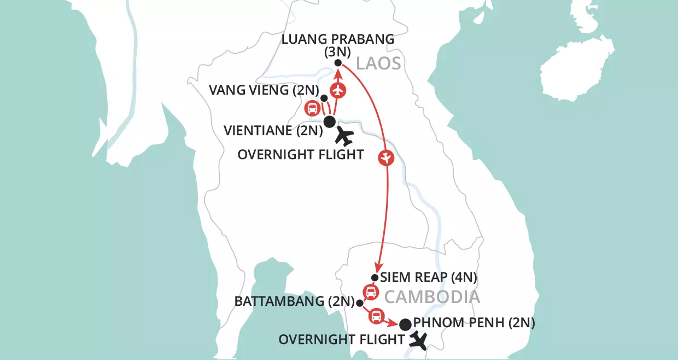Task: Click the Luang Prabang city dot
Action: pos(338,63)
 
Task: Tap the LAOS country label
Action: pos(378,64)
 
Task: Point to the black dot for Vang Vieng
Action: pos(324,98)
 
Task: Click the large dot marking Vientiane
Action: pos(329,121)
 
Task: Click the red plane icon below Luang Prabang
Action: pos(339,89)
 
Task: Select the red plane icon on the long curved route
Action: pos(386,158)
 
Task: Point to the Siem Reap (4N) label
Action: pos(429,277)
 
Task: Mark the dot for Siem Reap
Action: pos(375,277)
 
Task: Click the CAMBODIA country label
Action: pos(432,297)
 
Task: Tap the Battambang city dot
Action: pos(359,303)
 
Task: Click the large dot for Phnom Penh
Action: pos(405,324)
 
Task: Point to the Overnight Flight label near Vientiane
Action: pos(300,155)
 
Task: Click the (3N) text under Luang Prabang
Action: pos(337,53)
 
